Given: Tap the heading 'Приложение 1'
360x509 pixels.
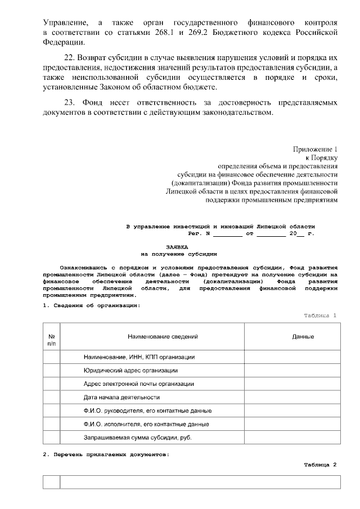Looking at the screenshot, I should pyautogui.click(x=315, y=149).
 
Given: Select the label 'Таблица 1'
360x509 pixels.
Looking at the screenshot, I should pyautogui.click(x=319, y=316).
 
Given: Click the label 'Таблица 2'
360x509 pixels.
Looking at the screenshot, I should pyautogui.click(x=319, y=465).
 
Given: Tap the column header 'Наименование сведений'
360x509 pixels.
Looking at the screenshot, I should pyautogui.click(x=163, y=336).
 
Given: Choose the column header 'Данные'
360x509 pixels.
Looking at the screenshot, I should pyautogui.click(x=303, y=336).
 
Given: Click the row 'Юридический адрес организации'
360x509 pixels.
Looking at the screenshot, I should pyautogui.click(x=130, y=371).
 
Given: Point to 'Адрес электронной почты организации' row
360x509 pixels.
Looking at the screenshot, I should pyautogui.click(x=138, y=384).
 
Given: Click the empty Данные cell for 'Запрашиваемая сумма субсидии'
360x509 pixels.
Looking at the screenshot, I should pyautogui.click(x=303, y=436).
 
